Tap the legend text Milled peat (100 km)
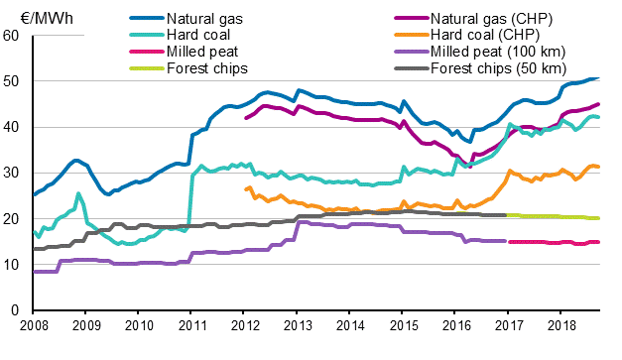coord(496,52)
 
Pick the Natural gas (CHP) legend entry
coord(492,19)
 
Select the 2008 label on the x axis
coord(34,324)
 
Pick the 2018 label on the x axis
coord(560,324)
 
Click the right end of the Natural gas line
coord(597,77)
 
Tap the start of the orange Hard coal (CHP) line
coord(245,188)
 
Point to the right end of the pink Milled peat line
coord(597,242)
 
